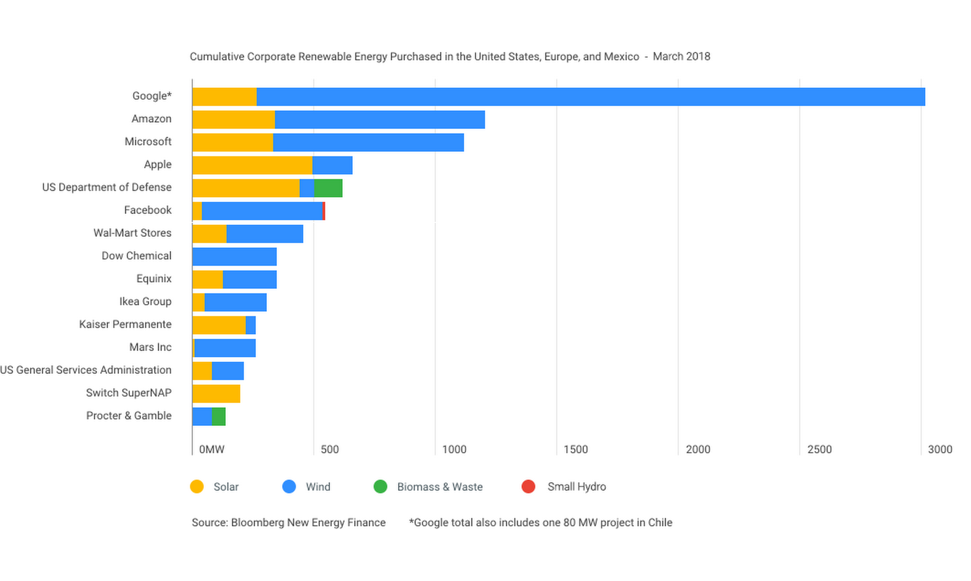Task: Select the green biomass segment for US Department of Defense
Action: tap(328, 188)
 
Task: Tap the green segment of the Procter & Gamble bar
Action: tap(218, 417)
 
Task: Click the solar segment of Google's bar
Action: tap(224, 97)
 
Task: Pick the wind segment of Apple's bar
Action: tap(332, 165)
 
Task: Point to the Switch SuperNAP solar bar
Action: tap(216, 394)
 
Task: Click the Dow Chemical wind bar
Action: tap(234, 257)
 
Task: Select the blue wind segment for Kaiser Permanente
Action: tap(250, 325)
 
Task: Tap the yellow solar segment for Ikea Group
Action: tap(198, 302)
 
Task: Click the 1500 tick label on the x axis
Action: tap(575, 450)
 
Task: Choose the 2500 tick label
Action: tap(819, 450)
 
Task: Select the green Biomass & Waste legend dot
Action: tap(380, 487)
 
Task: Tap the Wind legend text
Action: tap(318, 487)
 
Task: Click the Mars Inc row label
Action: tap(150, 347)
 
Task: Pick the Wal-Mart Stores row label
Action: tap(132, 233)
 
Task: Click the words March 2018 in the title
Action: tap(681, 57)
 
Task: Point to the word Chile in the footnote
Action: tap(660, 523)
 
